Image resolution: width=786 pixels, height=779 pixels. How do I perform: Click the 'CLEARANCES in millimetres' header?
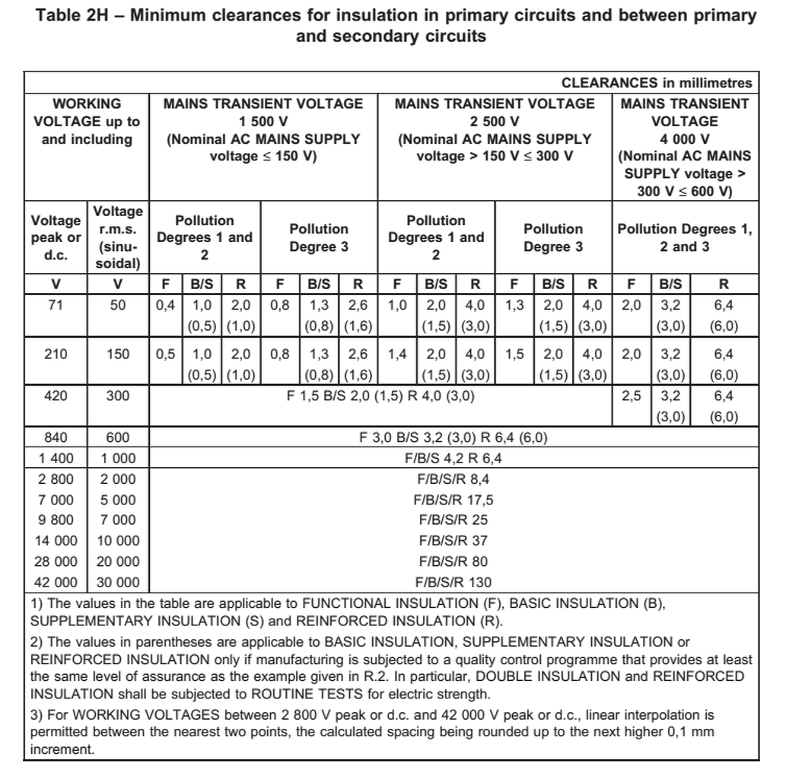657,83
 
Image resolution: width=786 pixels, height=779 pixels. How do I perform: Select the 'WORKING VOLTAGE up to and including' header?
86,121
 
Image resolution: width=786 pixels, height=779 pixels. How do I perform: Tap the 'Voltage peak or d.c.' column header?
56,237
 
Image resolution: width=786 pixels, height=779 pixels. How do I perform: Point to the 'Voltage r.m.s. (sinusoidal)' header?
118,237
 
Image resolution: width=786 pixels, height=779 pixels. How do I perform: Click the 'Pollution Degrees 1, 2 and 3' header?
684,237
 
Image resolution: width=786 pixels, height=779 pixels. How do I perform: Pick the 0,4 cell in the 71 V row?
165,305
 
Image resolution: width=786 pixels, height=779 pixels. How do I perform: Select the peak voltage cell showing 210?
56,354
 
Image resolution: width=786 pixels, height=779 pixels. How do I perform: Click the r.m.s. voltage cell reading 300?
118,396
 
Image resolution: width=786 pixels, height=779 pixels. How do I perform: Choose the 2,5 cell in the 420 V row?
631,396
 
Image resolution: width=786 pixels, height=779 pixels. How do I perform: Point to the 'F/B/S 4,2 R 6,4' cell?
453,458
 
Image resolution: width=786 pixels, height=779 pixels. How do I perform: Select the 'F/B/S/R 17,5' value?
453,500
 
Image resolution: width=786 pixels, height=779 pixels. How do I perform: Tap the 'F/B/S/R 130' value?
453,583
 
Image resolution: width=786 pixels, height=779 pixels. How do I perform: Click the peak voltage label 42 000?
56,583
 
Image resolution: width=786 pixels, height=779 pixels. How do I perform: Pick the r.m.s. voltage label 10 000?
118,541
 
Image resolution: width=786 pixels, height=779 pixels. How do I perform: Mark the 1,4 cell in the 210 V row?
397,354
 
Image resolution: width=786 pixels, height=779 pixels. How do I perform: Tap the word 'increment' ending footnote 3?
61,749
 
